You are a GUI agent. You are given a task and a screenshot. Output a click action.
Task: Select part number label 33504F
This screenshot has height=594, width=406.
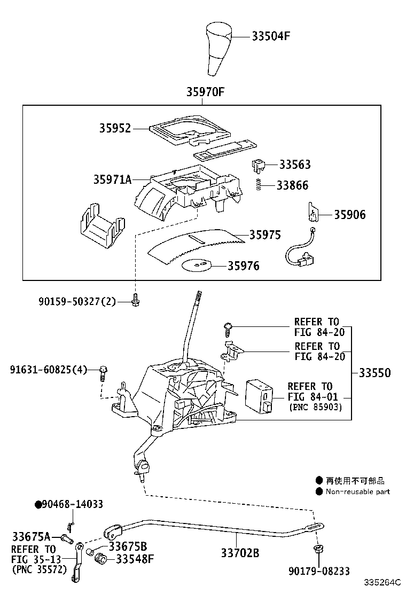[x=271, y=36]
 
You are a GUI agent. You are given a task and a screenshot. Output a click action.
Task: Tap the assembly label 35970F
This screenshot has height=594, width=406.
[x=205, y=92]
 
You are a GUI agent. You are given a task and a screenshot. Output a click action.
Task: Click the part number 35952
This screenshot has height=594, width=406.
[x=114, y=128]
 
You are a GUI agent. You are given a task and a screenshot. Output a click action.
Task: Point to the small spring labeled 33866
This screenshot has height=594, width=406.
[x=257, y=184]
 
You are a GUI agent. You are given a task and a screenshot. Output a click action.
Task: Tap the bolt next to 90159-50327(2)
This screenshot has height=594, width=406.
[x=135, y=301]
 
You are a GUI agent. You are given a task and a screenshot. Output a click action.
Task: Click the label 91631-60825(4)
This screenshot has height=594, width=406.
[x=48, y=369]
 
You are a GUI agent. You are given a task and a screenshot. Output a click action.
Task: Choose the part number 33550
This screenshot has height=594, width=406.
[x=374, y=373]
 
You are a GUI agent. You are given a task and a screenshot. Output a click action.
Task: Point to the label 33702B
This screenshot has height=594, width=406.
[x=240, y=553]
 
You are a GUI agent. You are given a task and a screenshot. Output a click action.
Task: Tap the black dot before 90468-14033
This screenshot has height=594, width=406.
[x=38, y=504]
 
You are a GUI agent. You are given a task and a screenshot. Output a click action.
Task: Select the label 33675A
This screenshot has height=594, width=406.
[x=31, y=536]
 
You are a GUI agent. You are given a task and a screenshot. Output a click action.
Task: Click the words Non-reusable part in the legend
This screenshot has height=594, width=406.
[x=357, y=491]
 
